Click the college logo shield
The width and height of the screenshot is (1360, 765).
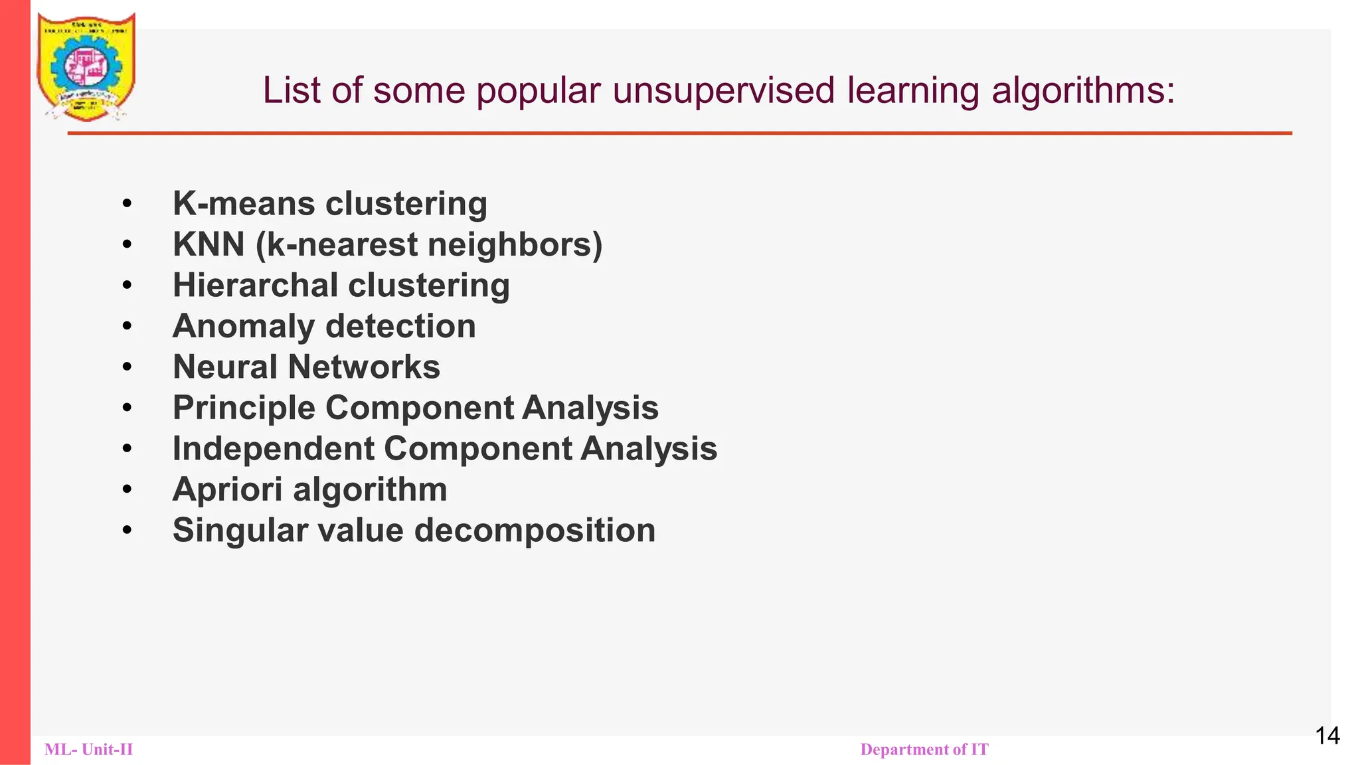pyautogui.click(x=86, y=66)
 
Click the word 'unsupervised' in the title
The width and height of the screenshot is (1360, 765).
pyautogui.click(x=723, y=90)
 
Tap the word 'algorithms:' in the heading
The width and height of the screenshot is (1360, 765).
pyautogui.click(x=1083, y=90)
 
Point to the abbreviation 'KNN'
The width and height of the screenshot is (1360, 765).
pyautogui.click(x=209, y=244)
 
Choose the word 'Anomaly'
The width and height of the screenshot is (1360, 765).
pyautogui.click(x=243, y=326)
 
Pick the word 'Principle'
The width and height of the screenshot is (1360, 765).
pyautogui.click(x=244, y=408)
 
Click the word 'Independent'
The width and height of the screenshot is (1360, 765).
pyautogui.click(x=273, y=448)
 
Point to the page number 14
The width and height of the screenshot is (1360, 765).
pyautogui.click(x=1327, y=736)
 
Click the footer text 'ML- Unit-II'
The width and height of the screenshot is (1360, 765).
pyautogui.click(x=88, y=750)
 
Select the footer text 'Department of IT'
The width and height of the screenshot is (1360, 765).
pyautogui.click(x=924, y=750)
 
